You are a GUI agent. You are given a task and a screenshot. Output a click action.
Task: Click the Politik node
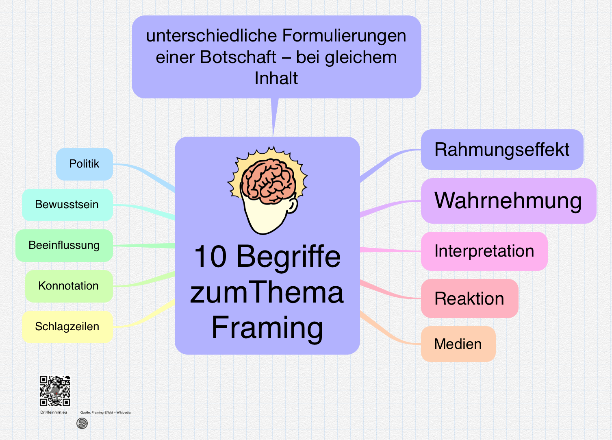tap(85, 164)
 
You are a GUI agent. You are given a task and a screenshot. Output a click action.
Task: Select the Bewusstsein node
tap(67, 205)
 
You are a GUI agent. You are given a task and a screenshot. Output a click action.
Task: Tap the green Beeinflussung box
tap(64, 245)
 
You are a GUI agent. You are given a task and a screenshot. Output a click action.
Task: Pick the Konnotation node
tap(69, 286)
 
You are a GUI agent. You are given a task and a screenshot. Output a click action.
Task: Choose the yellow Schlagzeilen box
tap(67, 327)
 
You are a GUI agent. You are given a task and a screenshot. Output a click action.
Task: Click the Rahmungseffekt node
tap(502, 150)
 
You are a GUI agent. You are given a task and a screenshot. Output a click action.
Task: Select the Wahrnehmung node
tap(508, 201)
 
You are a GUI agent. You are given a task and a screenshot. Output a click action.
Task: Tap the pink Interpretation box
tap(484, 251)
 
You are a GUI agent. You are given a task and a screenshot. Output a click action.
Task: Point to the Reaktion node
tap(469, 298)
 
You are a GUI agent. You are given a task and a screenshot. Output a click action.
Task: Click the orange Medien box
tap(458, 344)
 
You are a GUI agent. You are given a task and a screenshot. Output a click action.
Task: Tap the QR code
tap(55, 391)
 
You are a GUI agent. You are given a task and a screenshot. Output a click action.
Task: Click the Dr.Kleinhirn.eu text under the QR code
tap(54, 412)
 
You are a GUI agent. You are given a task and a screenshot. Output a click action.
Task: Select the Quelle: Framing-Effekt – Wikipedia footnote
tap(105, 412)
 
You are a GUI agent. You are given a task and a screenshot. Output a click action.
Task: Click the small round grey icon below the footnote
tap(82, 423)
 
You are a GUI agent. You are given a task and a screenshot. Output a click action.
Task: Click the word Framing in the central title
tap(267, 328)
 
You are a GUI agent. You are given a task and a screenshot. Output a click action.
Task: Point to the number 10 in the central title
tap(210, 257)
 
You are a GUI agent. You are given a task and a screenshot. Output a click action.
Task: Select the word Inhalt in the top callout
tap(276, 78)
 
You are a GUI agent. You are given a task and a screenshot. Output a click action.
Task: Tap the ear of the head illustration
tap(292, 205)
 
